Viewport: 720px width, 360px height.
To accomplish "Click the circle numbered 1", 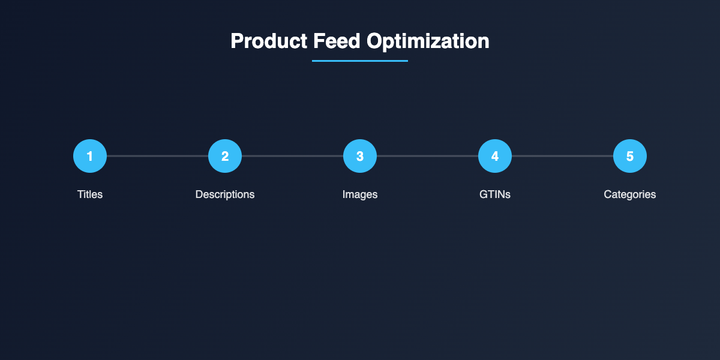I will pos(90,156).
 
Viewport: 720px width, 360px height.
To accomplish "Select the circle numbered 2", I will pos(225,156).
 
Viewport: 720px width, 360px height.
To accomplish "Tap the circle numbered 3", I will pos(360,156).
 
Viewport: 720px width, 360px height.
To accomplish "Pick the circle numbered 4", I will pos(495,156).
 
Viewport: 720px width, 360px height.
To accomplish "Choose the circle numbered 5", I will pos(630,156).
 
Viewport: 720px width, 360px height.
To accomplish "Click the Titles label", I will pos(90,194).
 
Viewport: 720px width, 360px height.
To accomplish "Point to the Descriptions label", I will pos(225,194).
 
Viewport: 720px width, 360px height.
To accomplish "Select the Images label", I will pos(360,194).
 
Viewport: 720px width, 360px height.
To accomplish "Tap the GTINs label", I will pos(495,194).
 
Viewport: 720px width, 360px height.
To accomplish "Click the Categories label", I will pos(630,194).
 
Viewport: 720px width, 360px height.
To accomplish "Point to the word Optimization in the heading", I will pos(428,41).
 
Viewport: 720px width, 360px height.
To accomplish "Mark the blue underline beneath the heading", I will pos(360,61).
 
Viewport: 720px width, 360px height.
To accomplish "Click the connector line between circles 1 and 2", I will pos(157,156).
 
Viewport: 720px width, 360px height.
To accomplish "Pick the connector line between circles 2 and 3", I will pos(292,156).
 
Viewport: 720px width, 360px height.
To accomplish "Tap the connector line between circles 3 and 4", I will pos(427,156).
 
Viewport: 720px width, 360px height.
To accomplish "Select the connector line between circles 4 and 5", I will pos(562,156).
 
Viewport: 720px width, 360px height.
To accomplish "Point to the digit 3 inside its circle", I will pos(360,156).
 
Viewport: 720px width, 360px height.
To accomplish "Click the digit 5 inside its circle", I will pos(630,156).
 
